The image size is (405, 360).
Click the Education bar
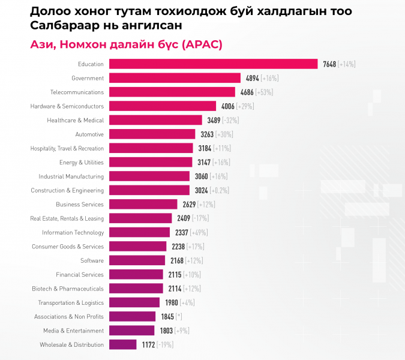click(x=213, y=64)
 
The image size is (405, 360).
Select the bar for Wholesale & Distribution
click(x=122, y=344)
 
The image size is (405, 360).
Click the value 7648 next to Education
click(x=329, y=64)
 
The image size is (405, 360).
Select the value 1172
click(x=148, y=344)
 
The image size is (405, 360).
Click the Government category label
click(x=88, y=78)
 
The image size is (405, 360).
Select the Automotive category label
click(x=89, y=134)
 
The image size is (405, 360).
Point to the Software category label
click(x=92, y=260)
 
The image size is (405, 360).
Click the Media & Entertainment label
click(x=73, y=331)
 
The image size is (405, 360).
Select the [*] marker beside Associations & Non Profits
click(x=178, y=316)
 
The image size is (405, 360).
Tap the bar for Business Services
click(x=143, y=204)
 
